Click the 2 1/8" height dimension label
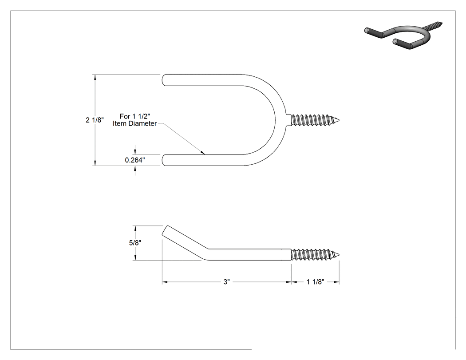click(95, 120)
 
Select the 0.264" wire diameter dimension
click(135, 160)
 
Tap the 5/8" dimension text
click(135, 242)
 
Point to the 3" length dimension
click(227, 282)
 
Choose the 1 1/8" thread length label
click(315, 282)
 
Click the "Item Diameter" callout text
click(134, 124)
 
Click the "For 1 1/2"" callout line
click(134, 116)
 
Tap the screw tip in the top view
click(339, 120)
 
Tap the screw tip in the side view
click(339, 254)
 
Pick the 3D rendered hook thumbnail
click(403, 35)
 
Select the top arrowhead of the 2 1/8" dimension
click(95, 77)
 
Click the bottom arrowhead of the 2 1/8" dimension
click(95, 163)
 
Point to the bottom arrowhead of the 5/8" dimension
click(135, 258)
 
